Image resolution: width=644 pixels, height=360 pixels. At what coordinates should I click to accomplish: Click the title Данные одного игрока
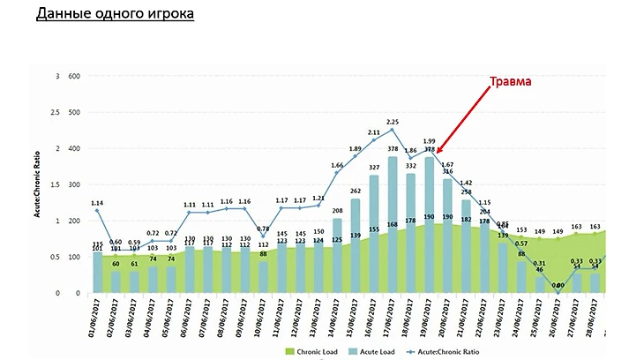click(x=115, y=15)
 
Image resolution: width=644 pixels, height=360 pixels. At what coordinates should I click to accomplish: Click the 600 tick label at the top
click(x=73, y=76)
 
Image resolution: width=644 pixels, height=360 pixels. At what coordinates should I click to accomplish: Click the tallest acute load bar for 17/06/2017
click(x=393, y=225)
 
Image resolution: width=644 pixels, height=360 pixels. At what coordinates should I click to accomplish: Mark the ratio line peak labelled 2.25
click(x=393, y=130)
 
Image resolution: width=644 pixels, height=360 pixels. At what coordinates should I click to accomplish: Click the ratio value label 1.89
click(x=356, y=149)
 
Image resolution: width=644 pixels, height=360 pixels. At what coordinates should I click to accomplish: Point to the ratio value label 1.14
click(x=97, y=203)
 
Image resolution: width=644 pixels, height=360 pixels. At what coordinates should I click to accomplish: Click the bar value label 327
click(x=374, y=167)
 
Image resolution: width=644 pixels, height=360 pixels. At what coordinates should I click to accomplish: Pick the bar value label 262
click(x=356, y=191)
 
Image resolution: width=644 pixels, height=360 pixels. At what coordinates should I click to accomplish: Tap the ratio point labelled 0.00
click(x=558, y=292)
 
